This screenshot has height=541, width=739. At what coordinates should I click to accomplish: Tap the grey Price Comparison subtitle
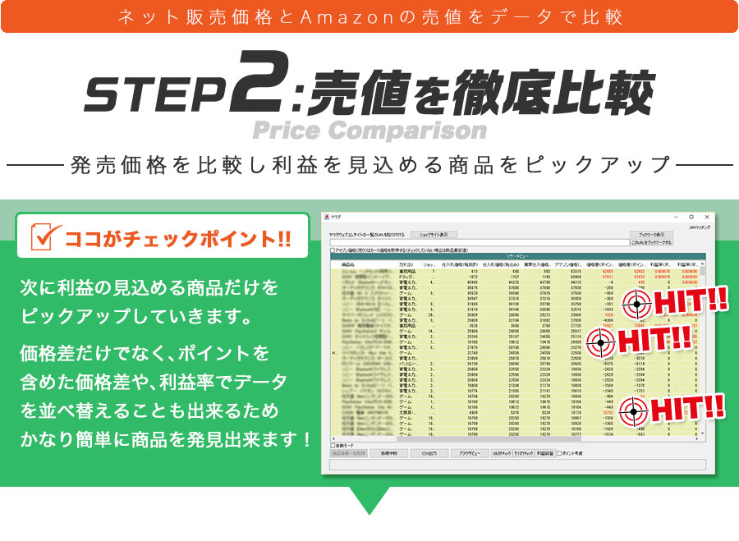(x=369, y=130)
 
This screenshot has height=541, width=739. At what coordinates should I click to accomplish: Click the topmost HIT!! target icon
(x=636, y=303)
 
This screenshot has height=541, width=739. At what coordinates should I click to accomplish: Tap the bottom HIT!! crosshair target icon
(x=636, y=409)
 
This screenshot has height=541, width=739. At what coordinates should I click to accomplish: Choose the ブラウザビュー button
(x=469, y=452)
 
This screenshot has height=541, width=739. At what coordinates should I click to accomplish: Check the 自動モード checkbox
(x=333, y=445)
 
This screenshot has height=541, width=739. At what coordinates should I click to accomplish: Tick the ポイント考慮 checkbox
(x=559, y=452)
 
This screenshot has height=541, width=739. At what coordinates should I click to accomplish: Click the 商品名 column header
(x=348, y=264)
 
